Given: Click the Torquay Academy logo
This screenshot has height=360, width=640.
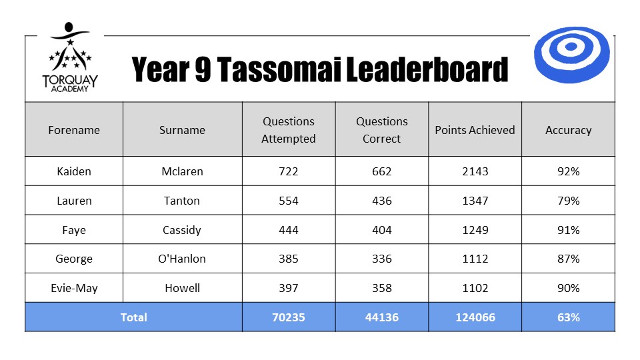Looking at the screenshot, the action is (x=70, y=57).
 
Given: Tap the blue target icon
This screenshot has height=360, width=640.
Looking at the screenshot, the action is (x=571, y=55).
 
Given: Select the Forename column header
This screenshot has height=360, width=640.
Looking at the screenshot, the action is (x=74, y=130).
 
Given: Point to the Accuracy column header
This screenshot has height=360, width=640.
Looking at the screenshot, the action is (x=568, y=130).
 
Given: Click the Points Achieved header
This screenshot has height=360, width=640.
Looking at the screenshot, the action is (x=475, y=130).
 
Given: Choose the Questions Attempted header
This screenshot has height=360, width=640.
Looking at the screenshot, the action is (x=289, y=130).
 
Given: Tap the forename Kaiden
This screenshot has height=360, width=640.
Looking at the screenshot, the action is (x=74, y=171).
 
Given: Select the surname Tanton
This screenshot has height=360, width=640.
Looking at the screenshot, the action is (x=182, y=201).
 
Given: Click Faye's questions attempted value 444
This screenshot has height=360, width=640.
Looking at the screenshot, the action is (x=289, y=230).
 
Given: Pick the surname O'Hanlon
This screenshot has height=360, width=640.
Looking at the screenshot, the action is (x=182, y=259).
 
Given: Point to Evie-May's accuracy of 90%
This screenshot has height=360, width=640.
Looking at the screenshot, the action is (x=568, y=288).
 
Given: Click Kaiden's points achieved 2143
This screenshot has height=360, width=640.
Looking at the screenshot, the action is (x=475, y=171).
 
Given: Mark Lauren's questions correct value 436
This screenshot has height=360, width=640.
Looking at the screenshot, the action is (x=381, y=201).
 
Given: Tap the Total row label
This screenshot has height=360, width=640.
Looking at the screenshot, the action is (x=133, y=317).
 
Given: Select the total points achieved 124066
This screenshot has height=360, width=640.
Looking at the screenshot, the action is (x=475, y=317).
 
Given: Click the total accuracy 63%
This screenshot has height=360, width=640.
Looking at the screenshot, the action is (x=568, y=317).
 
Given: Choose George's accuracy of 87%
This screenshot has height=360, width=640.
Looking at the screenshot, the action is (x=568, y=259).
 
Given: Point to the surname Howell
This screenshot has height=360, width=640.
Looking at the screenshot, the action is (x=182, y=288).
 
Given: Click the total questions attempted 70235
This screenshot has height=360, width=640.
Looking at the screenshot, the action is (x=289, y=317).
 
